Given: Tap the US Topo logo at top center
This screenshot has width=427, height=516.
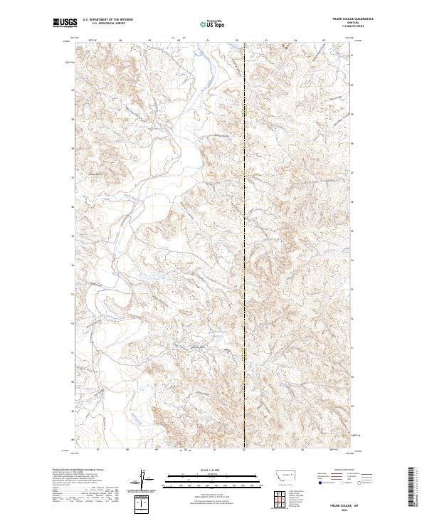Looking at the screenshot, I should pos(213,24).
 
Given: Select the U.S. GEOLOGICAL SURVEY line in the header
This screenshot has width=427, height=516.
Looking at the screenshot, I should pos(104,25).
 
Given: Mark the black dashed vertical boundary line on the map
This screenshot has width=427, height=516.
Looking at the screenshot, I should pos(245,249).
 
